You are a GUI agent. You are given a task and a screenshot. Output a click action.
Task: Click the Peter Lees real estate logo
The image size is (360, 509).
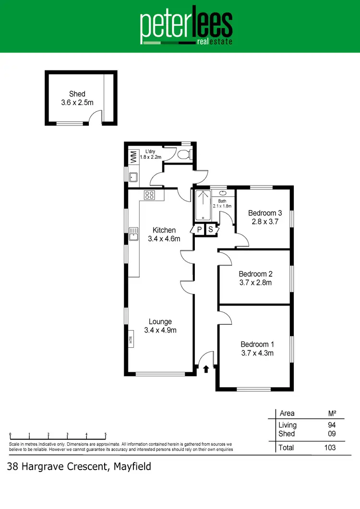(186, 27)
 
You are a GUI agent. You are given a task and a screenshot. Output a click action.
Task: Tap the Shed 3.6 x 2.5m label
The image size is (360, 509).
(77, 98)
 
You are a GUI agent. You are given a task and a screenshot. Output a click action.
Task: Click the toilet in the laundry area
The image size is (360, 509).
(184, 154)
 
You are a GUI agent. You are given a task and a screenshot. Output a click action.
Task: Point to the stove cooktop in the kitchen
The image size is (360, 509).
(149, 195)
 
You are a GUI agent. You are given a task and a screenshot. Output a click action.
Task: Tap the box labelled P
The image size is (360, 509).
(199, 230)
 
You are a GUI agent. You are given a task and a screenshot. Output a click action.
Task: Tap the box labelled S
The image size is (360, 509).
(211, 230)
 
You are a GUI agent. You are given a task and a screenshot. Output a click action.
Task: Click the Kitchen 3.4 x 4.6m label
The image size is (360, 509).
(164, 235)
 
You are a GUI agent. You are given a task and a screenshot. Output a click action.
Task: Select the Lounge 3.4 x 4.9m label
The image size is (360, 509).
(160, 326)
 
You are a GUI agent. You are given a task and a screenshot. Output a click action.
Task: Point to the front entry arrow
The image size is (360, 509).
(206, 369)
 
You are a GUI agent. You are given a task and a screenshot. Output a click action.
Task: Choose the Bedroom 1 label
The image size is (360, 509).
(257, 349)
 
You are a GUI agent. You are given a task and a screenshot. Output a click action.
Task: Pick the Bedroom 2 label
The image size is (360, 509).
(255, 278)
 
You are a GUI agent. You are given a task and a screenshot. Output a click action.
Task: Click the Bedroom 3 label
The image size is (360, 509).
(264, 217)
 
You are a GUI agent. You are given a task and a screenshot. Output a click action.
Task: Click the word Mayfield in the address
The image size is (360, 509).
(132, 466)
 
